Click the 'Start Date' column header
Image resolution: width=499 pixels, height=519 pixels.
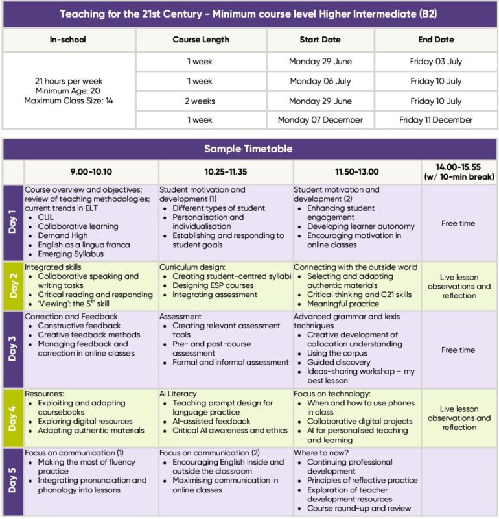[x=320, y=40]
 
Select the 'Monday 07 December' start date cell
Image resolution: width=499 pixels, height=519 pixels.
[x=320, y=120]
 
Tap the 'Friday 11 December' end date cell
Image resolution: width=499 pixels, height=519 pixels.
[x=435, y=120]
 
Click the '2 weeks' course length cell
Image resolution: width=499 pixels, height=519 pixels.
[x=201, y=101]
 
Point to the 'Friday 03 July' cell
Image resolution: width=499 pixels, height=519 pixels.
[x=435, y=62]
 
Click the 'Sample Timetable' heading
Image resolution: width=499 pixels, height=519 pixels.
[x=250, y=149]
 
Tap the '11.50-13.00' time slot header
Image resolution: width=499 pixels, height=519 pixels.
[x=356, y=172]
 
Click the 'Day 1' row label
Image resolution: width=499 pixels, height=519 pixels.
[x=14, y=223]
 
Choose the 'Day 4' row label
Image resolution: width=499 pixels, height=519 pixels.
[x=14, y=418]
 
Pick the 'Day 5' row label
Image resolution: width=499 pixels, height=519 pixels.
[x=14, y=481]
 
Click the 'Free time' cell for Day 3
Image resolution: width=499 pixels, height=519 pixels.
[x=458, y=350]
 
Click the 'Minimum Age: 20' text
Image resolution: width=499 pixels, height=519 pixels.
[x=69, y=91]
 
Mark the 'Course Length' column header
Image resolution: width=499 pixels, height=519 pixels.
[x=201, y=40]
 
